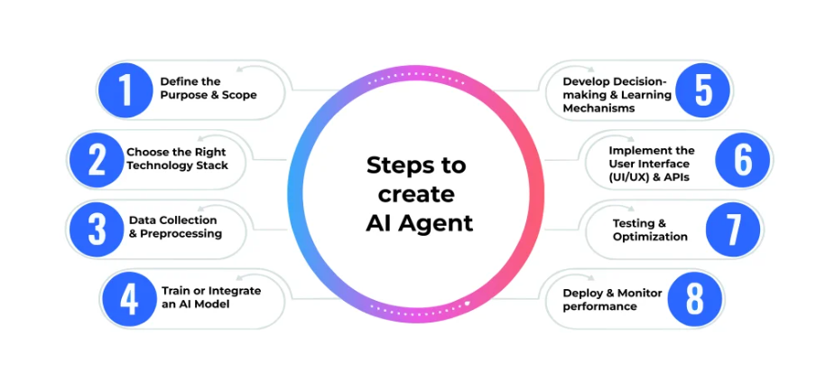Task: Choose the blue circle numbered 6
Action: tap(742, 160)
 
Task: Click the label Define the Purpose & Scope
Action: tap(208, 89)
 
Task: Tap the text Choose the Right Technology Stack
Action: tap(177, 159)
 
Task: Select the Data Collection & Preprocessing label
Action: tap(174, 227)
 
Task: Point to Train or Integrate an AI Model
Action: tap(210, 298)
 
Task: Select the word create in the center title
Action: tap(416, 194)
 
